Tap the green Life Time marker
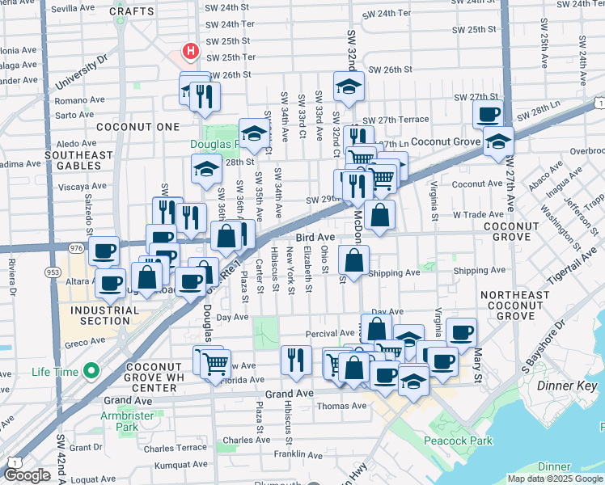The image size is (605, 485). tap(91, 372)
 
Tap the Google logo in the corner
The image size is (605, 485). tap(27, 475)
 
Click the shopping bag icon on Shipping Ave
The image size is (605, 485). tap(354, 260)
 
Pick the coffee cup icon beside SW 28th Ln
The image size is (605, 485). tap(488, 114)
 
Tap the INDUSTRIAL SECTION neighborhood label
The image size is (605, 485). tap(99, 316)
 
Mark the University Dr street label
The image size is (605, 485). tap(81, 74)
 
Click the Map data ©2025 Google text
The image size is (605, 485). tap(554, 479)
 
